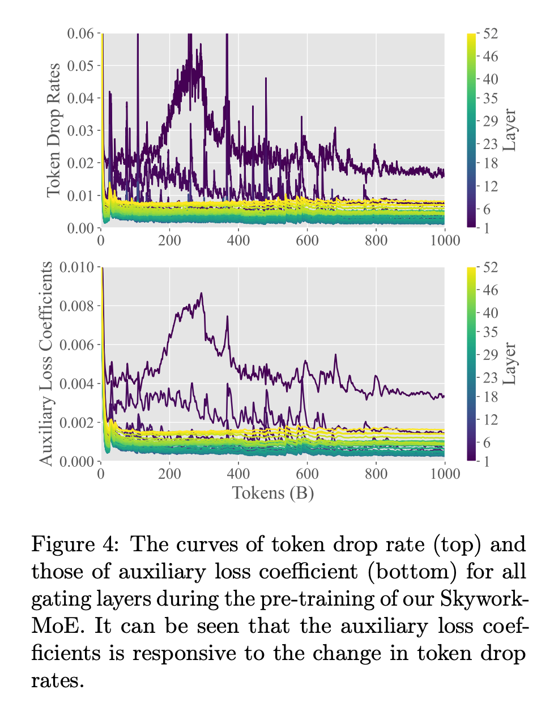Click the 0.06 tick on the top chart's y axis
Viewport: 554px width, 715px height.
click(80, 33)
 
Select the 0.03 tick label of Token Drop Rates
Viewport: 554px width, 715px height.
click(80, 131)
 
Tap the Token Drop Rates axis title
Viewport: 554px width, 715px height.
click(53, 130)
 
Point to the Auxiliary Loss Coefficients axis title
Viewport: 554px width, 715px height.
click(46, 364)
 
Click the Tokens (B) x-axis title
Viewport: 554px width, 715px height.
click(273, 493)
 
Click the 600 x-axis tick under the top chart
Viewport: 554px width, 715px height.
click(307, 241)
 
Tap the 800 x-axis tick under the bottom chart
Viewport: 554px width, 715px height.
click(376, 474)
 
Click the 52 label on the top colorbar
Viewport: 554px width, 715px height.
click(491, 33)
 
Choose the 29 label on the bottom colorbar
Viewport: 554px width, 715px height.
click(491, 355)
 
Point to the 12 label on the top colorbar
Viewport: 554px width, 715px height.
click(491, 186)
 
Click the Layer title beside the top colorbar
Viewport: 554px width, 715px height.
click(510, 130)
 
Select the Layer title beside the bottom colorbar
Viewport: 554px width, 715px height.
click(510, 364)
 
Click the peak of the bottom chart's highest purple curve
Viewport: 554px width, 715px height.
click(201, 293)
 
